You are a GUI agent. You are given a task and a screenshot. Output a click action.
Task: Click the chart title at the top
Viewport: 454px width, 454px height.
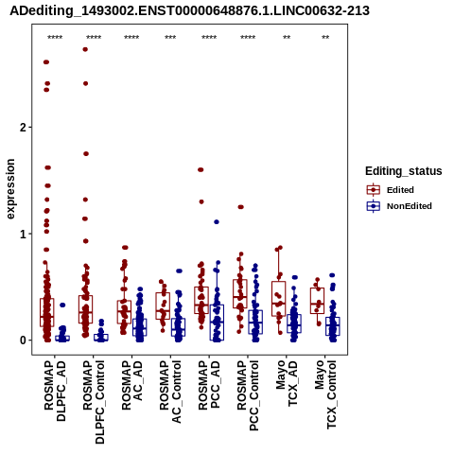189,11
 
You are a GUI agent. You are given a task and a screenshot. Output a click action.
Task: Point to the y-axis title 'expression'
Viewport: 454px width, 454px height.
10,189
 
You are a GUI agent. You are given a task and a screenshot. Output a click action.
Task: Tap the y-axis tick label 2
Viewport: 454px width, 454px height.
22,128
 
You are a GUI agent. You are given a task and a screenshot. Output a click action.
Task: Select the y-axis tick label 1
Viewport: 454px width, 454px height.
22,234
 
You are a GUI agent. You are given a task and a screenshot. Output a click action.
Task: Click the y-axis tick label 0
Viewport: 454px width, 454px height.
22,340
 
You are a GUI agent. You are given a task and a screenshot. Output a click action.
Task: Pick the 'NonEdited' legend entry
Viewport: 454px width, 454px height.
399,206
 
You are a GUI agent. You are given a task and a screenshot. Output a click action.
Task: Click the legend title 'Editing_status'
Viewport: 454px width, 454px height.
404,171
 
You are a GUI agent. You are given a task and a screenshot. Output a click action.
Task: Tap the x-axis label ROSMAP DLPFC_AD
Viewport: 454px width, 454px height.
55,391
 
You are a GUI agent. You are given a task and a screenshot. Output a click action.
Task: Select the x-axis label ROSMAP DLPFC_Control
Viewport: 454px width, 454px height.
94,402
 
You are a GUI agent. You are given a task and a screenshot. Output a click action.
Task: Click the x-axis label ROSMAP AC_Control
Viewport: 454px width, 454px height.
171,392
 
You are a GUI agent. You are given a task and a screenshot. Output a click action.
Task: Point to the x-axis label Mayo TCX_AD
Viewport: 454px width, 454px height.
287,383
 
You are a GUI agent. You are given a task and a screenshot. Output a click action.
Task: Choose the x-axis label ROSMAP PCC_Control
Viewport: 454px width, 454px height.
248,395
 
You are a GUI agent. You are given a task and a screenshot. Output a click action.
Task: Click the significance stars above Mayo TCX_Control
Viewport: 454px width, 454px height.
325,38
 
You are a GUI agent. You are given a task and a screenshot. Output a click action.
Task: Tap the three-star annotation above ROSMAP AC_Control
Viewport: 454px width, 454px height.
170,38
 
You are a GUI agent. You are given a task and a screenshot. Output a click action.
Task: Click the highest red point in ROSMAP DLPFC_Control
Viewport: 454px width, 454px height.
85,49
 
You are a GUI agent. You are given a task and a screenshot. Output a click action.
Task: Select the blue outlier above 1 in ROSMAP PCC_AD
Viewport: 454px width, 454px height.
217,222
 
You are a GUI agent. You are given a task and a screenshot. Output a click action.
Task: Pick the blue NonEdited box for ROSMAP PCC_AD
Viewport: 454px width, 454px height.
217,323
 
